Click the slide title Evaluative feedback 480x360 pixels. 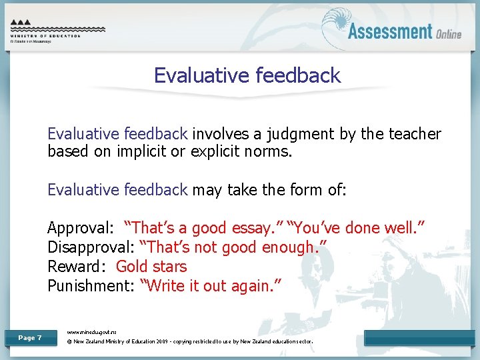(247, 75)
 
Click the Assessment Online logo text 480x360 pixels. (404, 31)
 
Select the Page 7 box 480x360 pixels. (30, 338)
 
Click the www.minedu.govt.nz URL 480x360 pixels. (92, 331)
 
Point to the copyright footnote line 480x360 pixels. (190, 342)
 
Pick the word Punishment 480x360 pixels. (89, 286)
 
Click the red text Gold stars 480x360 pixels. (151, 267)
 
